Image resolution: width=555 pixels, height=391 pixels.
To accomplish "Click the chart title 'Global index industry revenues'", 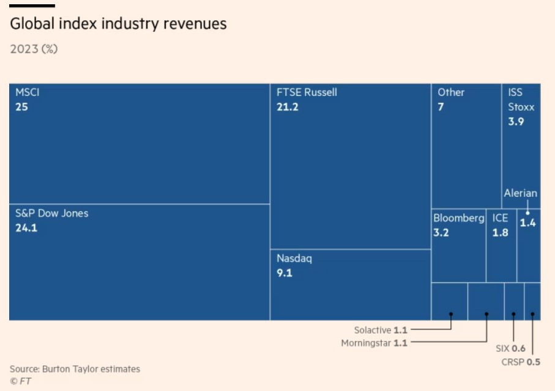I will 118,24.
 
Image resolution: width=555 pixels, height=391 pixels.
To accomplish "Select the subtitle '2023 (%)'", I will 34,49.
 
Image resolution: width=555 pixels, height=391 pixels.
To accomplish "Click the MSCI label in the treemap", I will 28,92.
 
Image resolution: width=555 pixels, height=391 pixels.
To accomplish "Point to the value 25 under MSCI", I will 21,107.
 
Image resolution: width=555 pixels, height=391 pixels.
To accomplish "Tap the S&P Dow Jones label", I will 51,213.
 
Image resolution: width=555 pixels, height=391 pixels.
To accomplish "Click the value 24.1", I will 26,228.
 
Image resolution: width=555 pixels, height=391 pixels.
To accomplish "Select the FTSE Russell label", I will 307,92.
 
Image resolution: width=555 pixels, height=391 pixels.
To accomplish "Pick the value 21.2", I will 287,107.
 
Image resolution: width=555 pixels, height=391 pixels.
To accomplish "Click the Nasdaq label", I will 294,258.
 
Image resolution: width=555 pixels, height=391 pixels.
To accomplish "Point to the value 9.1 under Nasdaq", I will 284,273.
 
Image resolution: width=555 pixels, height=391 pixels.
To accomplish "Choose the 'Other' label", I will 451,92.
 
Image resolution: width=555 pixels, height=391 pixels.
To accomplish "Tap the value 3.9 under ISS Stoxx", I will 516,122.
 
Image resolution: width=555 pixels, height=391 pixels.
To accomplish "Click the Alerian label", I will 520,193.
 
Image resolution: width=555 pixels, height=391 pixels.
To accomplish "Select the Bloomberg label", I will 458,218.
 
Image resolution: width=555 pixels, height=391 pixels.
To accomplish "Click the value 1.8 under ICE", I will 500,233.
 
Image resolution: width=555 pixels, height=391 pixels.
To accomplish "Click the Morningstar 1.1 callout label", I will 374,343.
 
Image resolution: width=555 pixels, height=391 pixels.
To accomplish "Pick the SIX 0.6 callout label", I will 510,349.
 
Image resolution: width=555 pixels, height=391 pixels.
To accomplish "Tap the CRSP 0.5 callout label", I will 521,362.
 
